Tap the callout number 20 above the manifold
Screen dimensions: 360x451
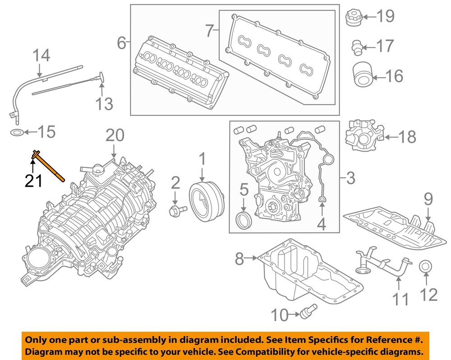point(115,135)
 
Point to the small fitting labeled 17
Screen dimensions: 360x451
point(357,46)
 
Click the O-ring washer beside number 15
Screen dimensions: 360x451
point(16,133)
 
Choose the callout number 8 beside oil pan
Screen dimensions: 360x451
point(239,259)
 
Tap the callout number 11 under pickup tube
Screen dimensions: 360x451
point(400,299)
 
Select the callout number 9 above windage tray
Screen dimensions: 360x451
point(428,199)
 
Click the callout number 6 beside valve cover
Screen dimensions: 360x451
point(121,43)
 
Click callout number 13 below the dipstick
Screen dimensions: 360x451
point(104,104)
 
